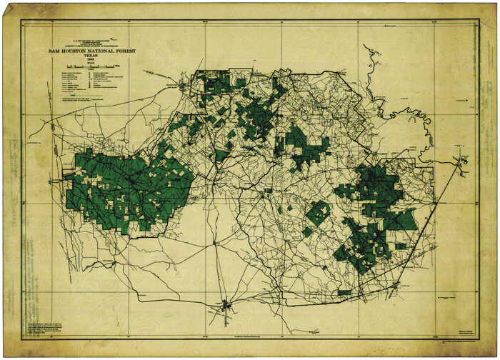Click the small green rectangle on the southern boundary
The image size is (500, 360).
coord(344,292)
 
